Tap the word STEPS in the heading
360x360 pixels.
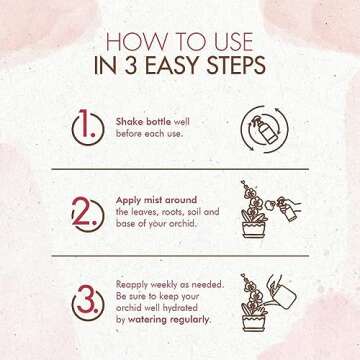(236, 65)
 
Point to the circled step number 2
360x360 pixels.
(88, 215)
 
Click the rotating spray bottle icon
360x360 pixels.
(265, 129)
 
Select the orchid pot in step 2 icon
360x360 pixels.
(253, 230)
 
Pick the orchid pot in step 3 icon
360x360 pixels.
(253, 323)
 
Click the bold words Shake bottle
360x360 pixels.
(143, 122)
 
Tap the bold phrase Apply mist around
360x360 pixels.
(156, 200)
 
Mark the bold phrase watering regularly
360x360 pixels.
(169, 320)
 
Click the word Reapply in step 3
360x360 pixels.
(132, 285)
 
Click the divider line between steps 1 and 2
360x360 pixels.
(180, 169)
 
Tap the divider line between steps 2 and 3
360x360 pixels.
(180, 256)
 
